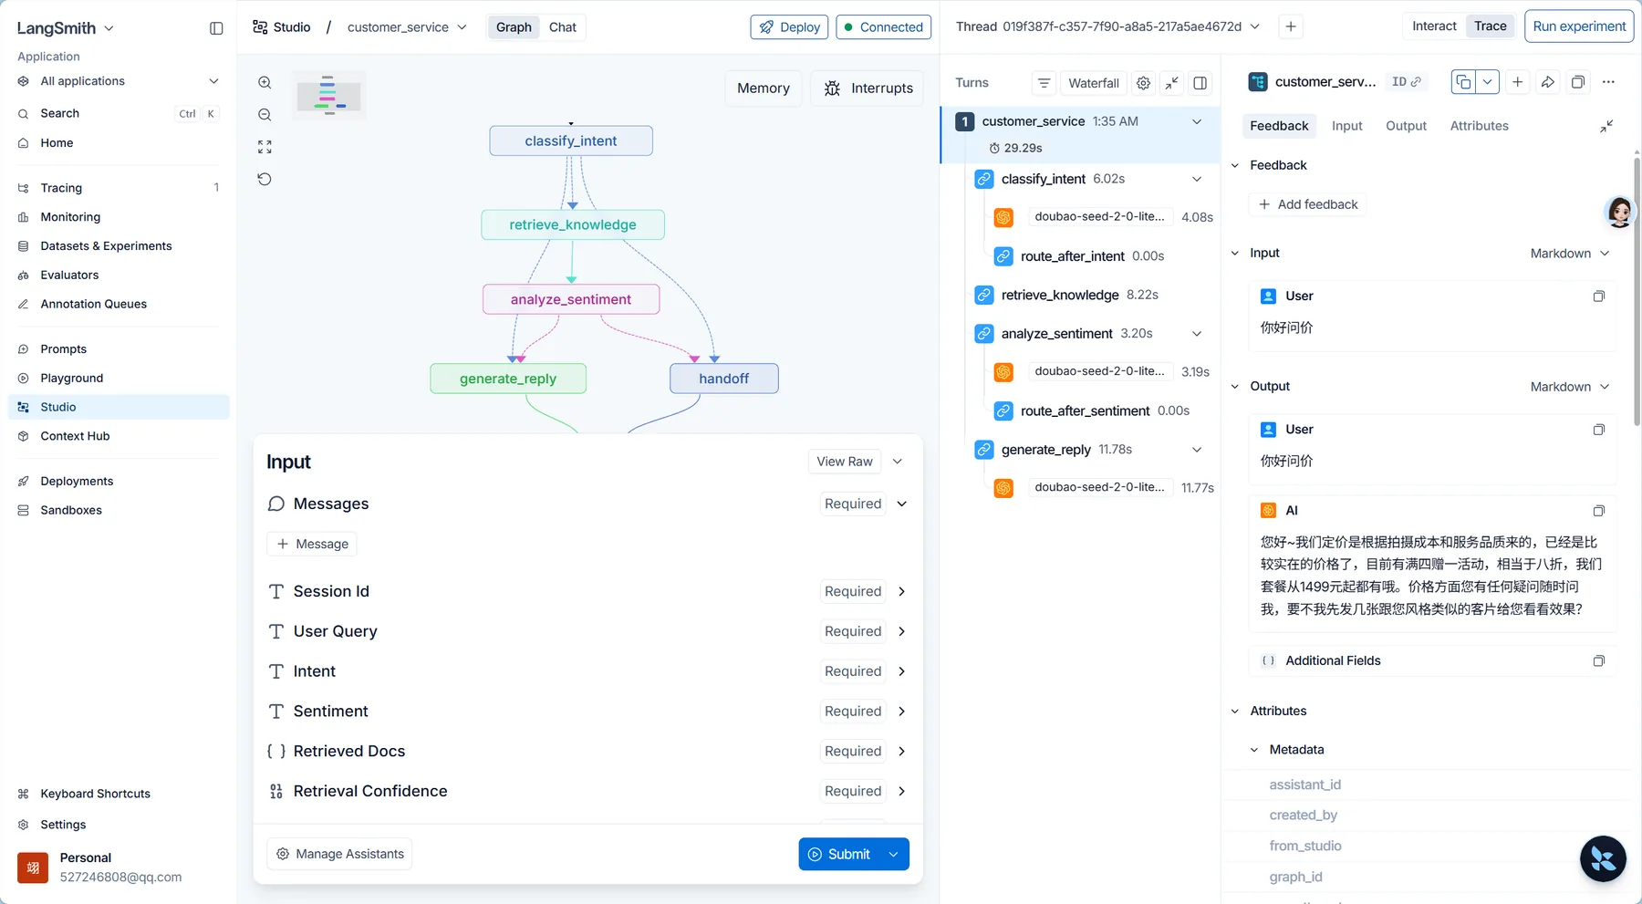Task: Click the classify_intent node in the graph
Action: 571,140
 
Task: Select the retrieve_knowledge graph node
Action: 573,224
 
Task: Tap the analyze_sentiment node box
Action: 571,299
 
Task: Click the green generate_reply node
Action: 508,379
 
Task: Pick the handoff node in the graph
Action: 724,379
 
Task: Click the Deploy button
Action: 789,27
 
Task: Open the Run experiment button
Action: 1579,26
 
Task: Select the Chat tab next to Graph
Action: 563,27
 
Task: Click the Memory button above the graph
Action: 764,88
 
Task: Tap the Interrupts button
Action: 868,88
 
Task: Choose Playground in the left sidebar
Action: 72,378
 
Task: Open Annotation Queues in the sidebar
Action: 94,304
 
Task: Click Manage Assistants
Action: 339,854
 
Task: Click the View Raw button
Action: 845,462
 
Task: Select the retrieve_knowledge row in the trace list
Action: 1060,295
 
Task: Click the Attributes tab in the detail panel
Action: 1479,126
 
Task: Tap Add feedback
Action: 1308,204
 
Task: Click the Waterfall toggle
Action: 1094,83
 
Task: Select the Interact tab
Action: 1434,26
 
